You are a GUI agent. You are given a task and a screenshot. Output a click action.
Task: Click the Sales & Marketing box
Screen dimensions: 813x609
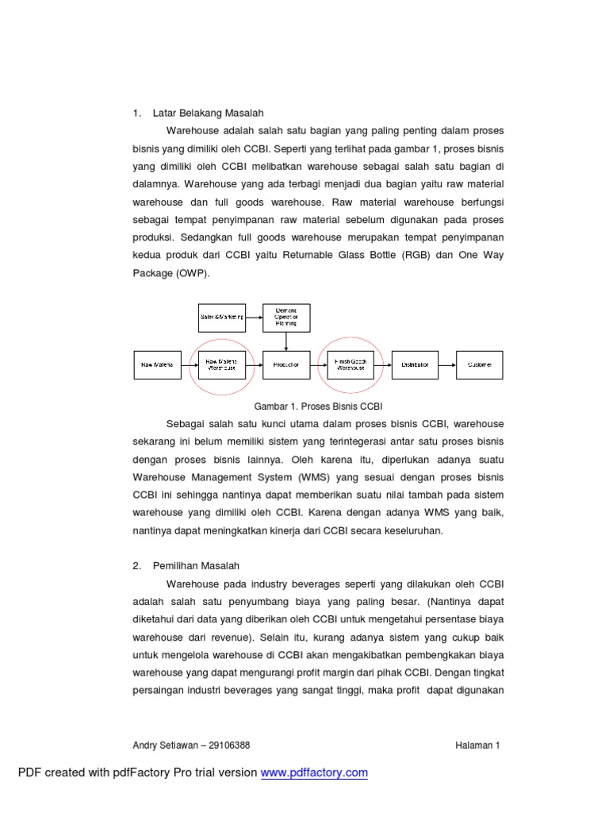point(222,318)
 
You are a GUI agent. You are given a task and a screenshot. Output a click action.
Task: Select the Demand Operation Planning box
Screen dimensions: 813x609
point(286,318)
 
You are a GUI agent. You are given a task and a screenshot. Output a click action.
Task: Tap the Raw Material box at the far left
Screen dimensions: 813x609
point(157,364)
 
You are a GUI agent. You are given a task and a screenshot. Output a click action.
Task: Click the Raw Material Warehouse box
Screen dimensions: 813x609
point(222,364)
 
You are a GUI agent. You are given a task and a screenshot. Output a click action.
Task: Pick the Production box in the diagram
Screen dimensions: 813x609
point(286,364)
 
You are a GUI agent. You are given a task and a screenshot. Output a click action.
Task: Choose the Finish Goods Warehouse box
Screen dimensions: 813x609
point(350,364)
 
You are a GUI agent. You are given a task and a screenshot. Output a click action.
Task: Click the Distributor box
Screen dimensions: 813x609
point(415,364)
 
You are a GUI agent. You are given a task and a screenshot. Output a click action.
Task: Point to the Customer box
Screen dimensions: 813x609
point(479,364)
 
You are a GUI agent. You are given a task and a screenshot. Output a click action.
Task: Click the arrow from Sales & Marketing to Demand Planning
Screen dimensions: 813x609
point(255,318)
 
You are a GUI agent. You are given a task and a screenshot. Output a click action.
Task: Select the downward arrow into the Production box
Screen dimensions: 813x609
point(286,341)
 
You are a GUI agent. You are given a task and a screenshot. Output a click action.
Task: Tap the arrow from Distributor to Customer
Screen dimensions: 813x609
point(447,364)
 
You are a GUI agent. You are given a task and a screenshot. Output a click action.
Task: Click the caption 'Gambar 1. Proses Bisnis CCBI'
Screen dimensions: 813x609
point(318,405)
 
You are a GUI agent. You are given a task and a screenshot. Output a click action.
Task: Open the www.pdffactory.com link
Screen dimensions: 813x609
point(314,773)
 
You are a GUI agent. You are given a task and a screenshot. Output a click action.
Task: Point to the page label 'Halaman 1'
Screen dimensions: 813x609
point(477,745)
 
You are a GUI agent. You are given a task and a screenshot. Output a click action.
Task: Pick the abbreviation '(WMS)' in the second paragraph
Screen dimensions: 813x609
point(291,476)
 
